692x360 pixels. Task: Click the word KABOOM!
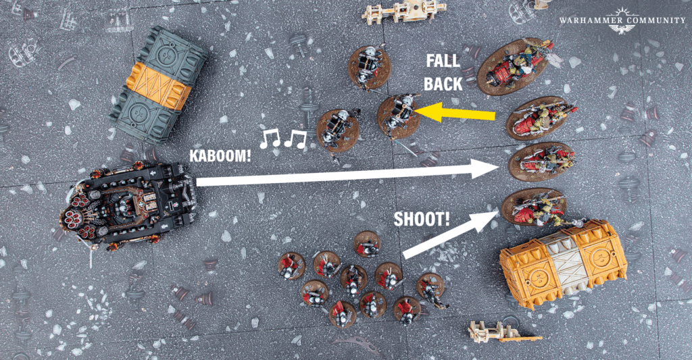point(220,156)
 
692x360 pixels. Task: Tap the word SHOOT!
point(422,219)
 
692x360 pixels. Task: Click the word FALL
point(443,61)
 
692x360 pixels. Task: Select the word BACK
point(443,83)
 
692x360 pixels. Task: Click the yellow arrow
point(455,112)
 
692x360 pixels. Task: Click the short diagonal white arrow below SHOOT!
point(451,234)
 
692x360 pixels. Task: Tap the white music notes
point(283,138)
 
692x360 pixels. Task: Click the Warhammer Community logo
point(622,20)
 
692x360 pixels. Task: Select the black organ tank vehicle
point(128,206)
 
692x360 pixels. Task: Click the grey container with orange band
point(158,85)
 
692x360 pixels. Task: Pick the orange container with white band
point(563,264)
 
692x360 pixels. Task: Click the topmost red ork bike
point(516,66)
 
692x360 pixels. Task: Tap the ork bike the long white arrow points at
point(541,161)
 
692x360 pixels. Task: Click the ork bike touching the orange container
point(536,207)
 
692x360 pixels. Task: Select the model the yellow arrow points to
point(399,117)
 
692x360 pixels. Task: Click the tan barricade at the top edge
point(404,12)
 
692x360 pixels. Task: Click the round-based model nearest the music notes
point(338,130)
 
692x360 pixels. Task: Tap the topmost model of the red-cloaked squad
point(367,245)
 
